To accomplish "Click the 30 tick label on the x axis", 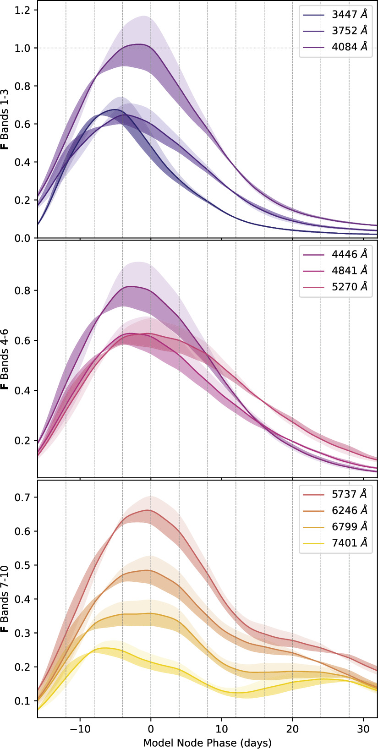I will coord(363,728).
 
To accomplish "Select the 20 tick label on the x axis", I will coord(292,728).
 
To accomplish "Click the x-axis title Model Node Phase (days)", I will coord(207,742).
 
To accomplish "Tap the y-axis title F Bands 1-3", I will coord(5,124).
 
